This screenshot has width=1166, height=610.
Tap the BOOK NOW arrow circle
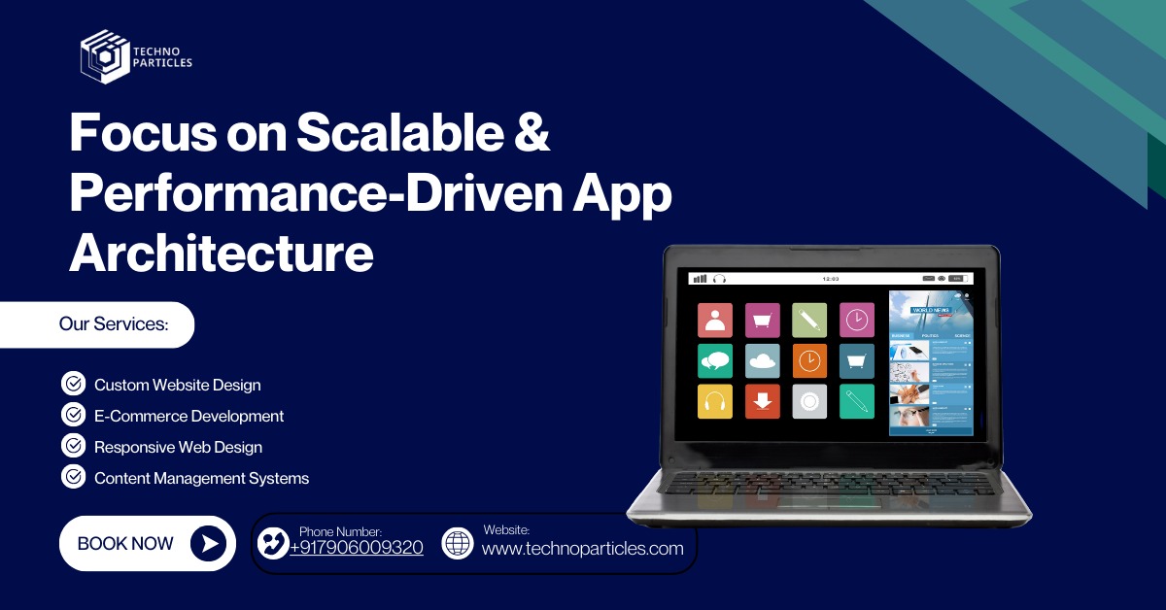point(207,543)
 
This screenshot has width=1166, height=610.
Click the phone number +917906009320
point(356,548)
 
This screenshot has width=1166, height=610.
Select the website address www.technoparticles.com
point(582,549)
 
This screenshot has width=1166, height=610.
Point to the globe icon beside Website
point(457,543)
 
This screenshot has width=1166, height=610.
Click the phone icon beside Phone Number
point(272,543)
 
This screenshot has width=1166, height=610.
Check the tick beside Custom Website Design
point(73,384)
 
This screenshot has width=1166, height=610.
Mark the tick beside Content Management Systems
point(73,477)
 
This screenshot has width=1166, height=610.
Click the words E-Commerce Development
point(189,416)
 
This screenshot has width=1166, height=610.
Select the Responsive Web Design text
point(178,447)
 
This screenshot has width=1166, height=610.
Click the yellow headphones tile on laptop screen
point(715,401)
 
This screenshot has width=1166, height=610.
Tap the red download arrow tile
point(763,401)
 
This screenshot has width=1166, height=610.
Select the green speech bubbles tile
point(715,360)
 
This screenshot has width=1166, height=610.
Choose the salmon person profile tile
point(715,320)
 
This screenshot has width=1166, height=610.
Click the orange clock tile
point(809,360)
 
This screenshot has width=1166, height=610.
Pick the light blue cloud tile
point(763,360)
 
